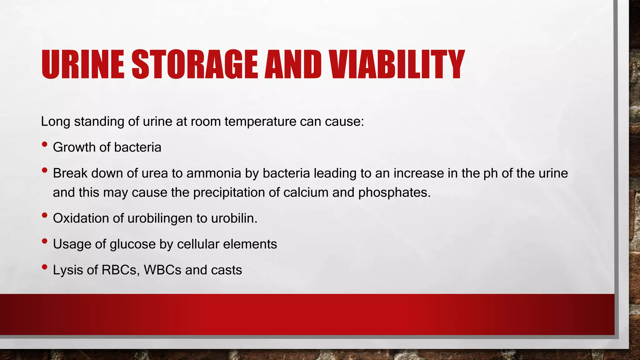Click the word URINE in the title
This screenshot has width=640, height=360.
(83, 64)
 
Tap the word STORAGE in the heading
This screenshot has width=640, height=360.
(195, 64)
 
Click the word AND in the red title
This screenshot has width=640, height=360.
(293, 64)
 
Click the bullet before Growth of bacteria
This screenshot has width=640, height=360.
(44, 144)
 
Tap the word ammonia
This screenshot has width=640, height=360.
(214, 173)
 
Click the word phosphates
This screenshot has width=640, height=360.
(394, 192)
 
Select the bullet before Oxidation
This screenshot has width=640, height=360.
(44, 215)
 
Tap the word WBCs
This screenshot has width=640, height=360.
(162, 270)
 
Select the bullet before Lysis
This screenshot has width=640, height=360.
(44, 267)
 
